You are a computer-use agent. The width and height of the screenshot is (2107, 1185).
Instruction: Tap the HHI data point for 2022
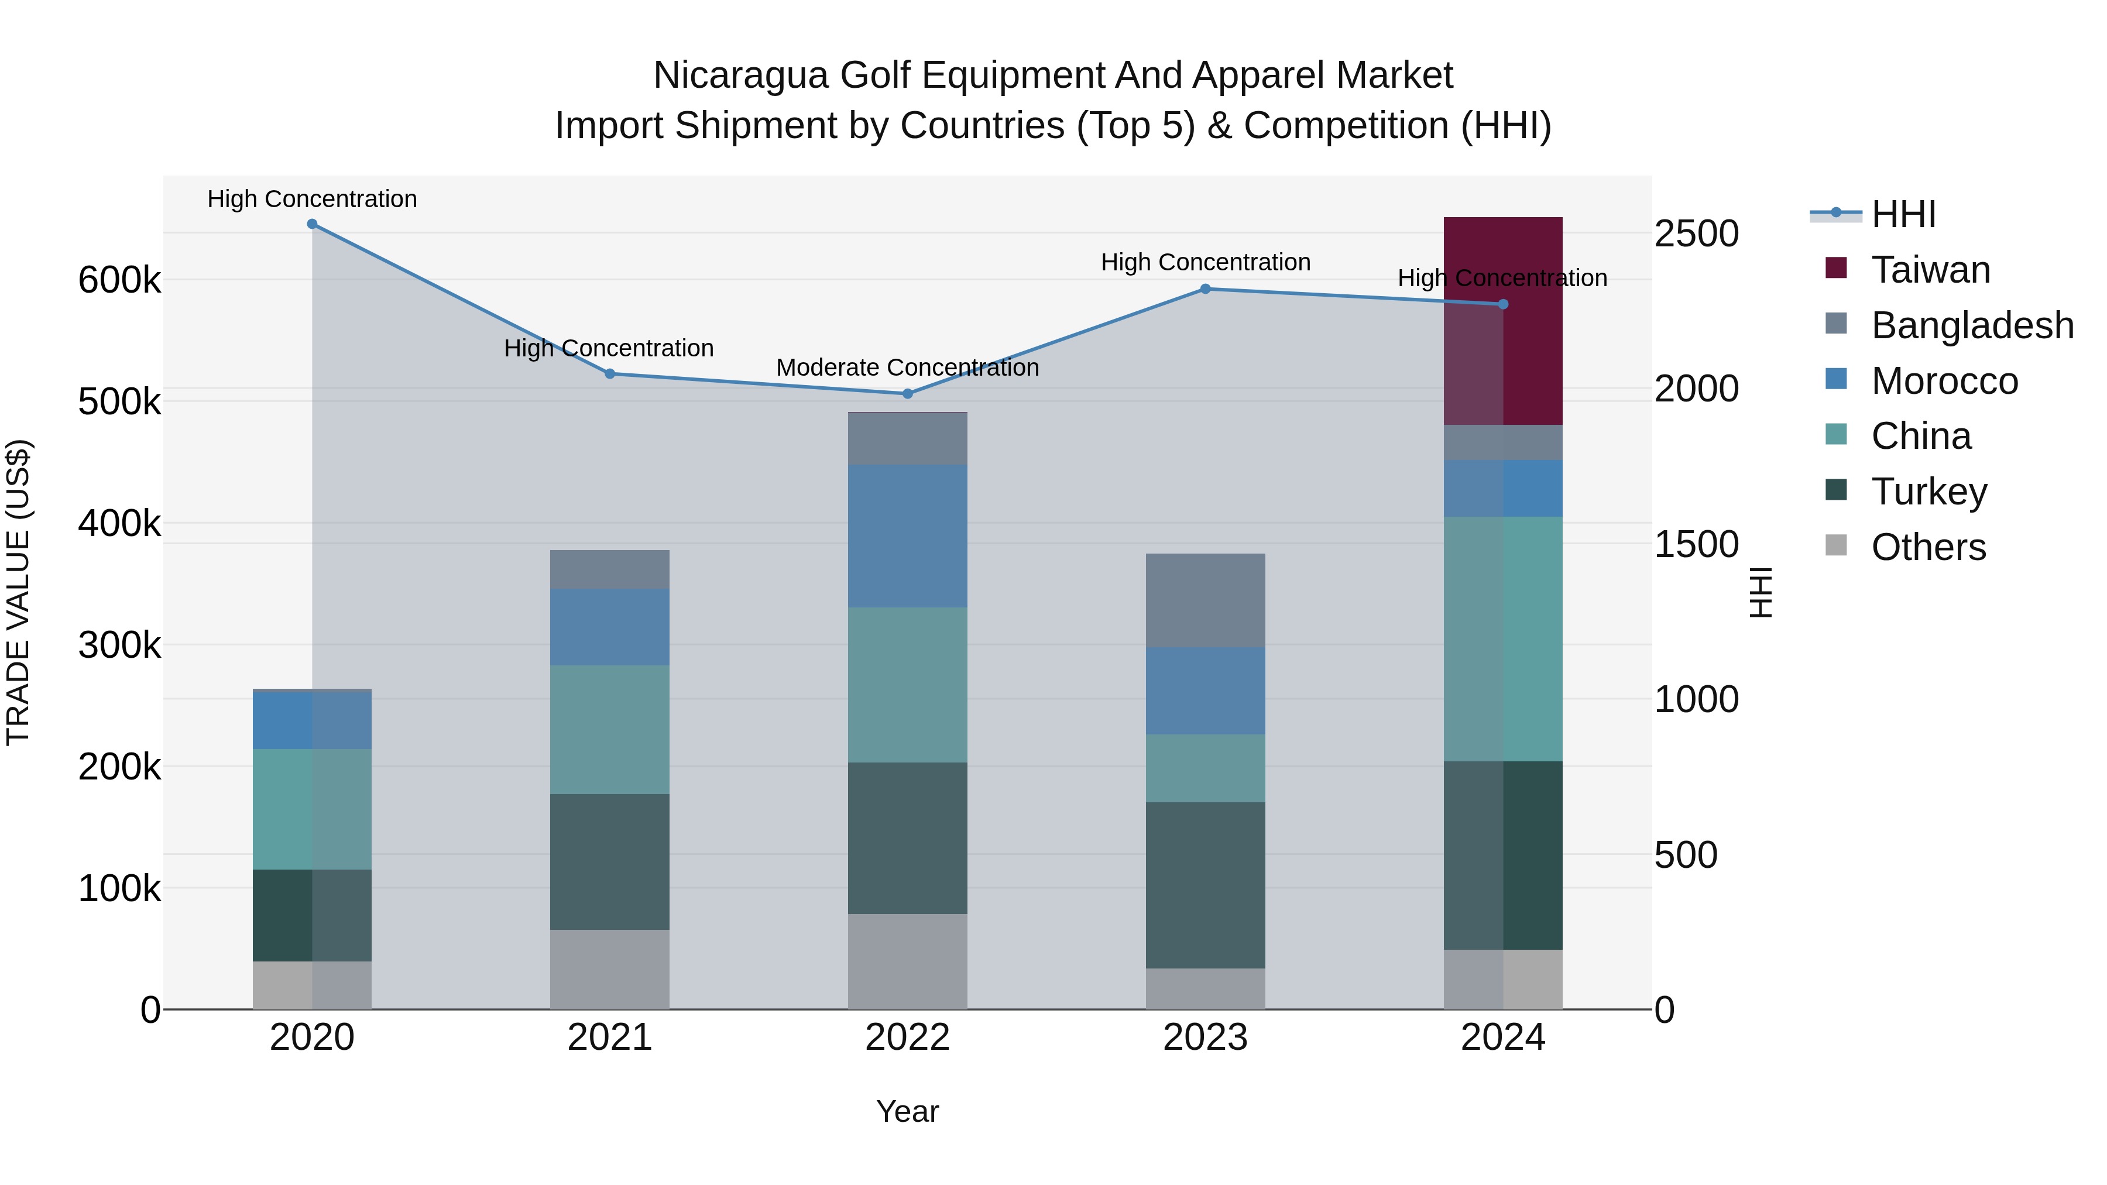point(907,393)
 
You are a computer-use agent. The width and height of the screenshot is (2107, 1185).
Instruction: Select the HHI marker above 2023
point(1205,288)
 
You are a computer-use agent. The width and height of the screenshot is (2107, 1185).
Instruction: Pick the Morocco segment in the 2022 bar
point(907,535)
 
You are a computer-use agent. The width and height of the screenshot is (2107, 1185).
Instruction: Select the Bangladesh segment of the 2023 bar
point(1205,600)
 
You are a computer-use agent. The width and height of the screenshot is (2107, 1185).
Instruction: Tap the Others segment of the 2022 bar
point(907,961)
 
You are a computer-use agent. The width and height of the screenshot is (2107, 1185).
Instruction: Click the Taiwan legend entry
point(1930,270)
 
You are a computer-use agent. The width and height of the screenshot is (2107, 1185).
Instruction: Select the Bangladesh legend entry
point(1971,325)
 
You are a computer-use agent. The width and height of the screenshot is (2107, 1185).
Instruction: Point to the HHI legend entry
point(1903,214)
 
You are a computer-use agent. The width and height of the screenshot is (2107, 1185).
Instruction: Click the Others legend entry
point(1928,547)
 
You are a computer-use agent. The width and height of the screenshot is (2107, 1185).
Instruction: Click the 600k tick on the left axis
point(119,280)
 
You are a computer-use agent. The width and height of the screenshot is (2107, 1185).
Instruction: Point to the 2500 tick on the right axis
point(1696,234)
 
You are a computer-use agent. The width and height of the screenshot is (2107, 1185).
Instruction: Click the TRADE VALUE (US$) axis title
point(18,592)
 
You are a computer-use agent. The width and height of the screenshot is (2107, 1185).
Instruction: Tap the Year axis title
point(907,1111)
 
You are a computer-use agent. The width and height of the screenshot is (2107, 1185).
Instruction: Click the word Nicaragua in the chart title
point(740,76)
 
